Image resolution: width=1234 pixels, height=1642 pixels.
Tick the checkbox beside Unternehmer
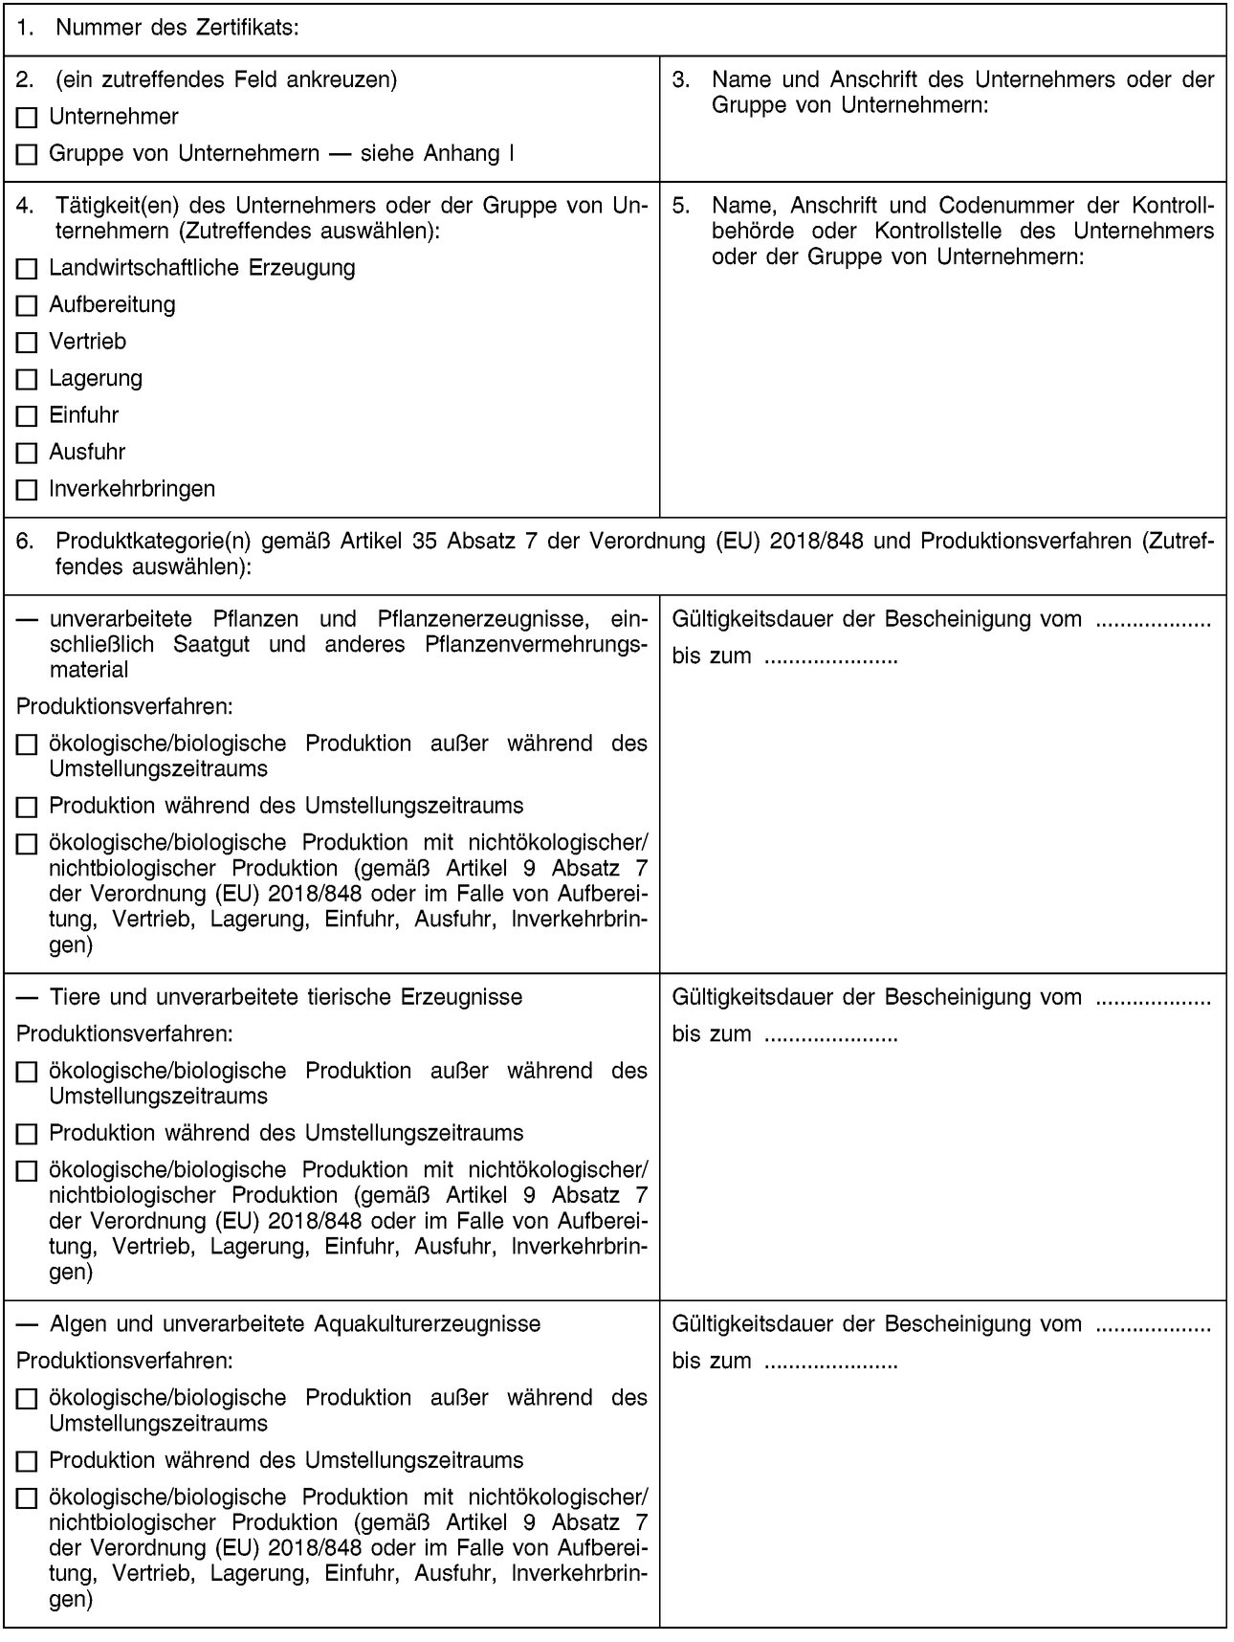pos(27,119)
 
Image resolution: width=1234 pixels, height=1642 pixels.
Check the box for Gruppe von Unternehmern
pos(27,155)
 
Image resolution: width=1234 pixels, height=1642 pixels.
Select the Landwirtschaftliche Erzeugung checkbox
pos(27,269)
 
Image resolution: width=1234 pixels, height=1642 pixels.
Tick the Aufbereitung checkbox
pos(27,306)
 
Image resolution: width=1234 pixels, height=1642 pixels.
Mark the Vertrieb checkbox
pos(27,343)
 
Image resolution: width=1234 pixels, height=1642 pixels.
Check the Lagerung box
pos(27,380)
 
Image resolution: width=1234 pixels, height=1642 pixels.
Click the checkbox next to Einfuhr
pos(27,416)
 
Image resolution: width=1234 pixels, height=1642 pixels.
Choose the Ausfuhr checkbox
pos(27,453)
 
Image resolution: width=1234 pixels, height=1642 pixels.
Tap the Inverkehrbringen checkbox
pos(27,490)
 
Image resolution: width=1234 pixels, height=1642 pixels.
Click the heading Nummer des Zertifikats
pos(177,29)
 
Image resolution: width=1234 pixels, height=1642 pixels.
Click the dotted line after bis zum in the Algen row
pos(830,1362)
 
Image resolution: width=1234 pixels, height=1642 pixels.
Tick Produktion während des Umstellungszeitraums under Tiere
pos(27,1135)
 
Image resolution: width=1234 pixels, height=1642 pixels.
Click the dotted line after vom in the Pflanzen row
pos(1152,621)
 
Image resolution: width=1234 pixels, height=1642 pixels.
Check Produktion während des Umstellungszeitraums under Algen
pos(27,1462)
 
